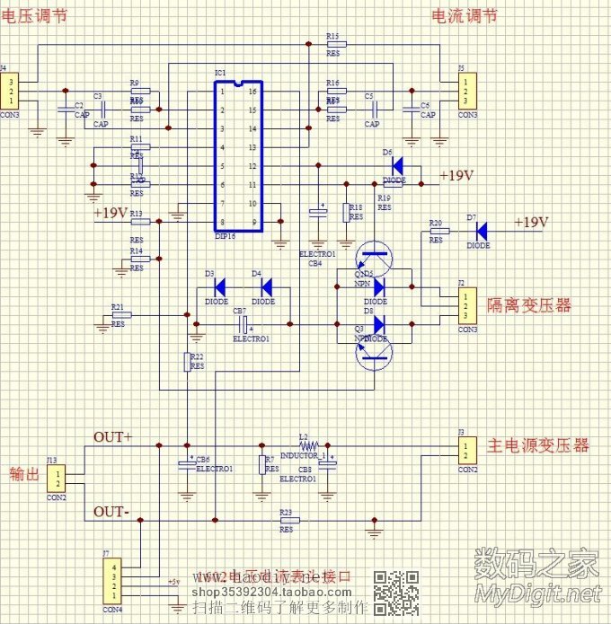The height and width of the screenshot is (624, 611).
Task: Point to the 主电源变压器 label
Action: (537, 445)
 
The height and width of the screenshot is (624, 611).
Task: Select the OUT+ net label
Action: (112, 437)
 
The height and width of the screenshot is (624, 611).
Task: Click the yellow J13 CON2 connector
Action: (56, 478)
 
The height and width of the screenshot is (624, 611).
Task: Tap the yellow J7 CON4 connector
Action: (112, 583)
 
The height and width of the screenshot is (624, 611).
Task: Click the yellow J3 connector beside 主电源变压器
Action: (466, 449)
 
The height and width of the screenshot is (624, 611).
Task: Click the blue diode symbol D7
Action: (481, 231)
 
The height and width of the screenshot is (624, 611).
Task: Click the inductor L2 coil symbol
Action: (307, 444)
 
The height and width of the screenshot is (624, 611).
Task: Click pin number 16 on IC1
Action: (254, 92)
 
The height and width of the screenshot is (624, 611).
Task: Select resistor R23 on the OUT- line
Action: (287, 520)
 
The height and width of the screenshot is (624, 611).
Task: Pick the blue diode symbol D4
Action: (266, 287)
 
